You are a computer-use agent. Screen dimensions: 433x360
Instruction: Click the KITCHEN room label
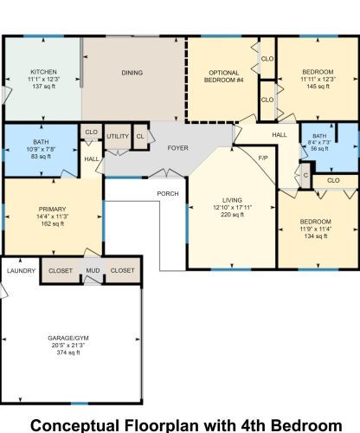pyautogui.click(x=43, y=72)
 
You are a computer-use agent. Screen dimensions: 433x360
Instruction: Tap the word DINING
pyautogui.click(x=132, y=74)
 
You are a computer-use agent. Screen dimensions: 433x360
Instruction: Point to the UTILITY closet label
pyautogui.click(x=118, y=137)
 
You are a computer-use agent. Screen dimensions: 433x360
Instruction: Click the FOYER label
pyautogui.click(x=178, y=148)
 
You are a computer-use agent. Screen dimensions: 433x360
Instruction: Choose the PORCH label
pyautogui.click(x=168, y=193)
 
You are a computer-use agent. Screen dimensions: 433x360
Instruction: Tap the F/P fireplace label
pyautogui.click(x=264, y=157)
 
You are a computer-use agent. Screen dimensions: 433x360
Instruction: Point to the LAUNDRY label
pyautogui.click(x=20, y=271)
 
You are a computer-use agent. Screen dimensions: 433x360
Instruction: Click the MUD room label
pyautogui.click(x=93, y=271)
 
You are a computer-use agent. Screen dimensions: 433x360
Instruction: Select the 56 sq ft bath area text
pyautogui.click(x=319, y=149)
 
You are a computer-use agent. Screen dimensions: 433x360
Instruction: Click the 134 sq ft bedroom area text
pyautogui.click(x=315, y=236)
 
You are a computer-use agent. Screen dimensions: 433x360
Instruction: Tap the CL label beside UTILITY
pyautogui.click(x=140, y=137)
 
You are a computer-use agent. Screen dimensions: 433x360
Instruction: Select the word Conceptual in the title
pyautogui.click(x=80, y=424)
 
